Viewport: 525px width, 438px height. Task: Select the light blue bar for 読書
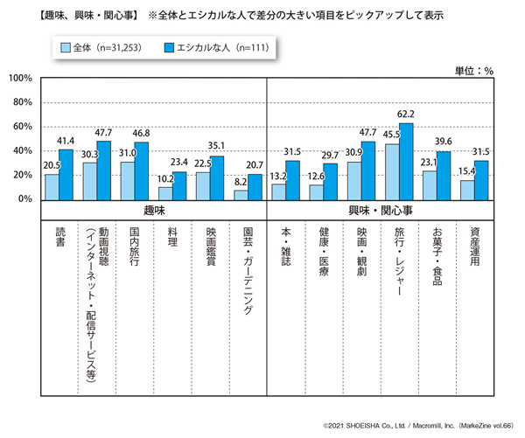click(x=52, y=186)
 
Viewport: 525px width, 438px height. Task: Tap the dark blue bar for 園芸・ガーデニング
click(x=255, y=186)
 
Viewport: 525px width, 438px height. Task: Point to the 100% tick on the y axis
click(x=19, y=79)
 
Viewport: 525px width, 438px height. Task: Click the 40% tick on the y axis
click(x=21, y=150)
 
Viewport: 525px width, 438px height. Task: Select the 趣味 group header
click(x=154, y=211)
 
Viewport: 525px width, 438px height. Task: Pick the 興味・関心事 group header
click(x=381, y=211)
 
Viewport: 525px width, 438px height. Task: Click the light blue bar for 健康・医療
click(x=317, y=191)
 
